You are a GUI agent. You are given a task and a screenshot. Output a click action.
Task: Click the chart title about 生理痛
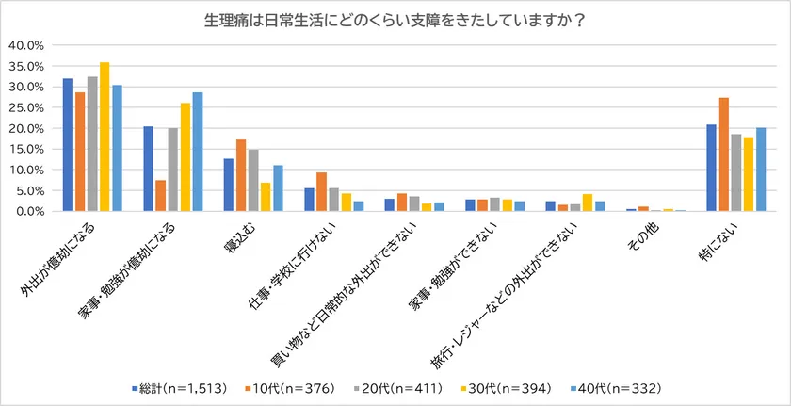click(395, 20)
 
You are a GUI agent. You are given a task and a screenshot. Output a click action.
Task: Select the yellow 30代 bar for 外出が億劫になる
click(105, 137)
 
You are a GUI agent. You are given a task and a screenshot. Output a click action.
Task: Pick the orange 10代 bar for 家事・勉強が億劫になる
click(160, 195)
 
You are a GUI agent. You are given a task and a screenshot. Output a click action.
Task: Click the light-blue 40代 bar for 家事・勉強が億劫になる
click(197, 152)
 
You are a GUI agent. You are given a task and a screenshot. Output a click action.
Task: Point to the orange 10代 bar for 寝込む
click(240, 175)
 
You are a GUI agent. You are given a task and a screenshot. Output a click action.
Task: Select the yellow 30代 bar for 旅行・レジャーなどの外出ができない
click(587, 203)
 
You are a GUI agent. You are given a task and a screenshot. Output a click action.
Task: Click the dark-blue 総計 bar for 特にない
click(710, 168)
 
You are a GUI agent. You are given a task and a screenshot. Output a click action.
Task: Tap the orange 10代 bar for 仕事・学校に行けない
click(321, 192)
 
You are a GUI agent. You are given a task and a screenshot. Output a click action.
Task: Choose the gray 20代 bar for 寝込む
click(252, 181)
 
